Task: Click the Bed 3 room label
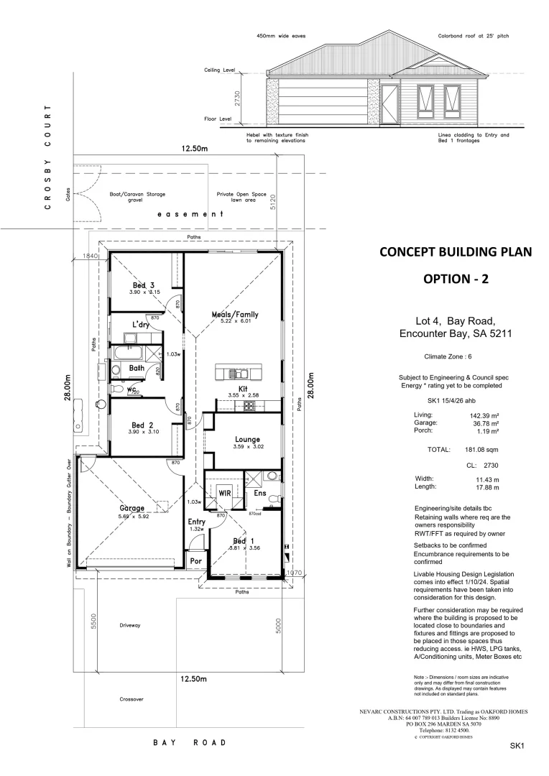coord(143,285)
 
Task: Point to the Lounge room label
coord(246,439)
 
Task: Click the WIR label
coord(223,493)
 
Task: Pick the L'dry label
coord(140,325)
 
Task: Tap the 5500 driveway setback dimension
coord(93,622)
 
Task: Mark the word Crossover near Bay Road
coord(132,698)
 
